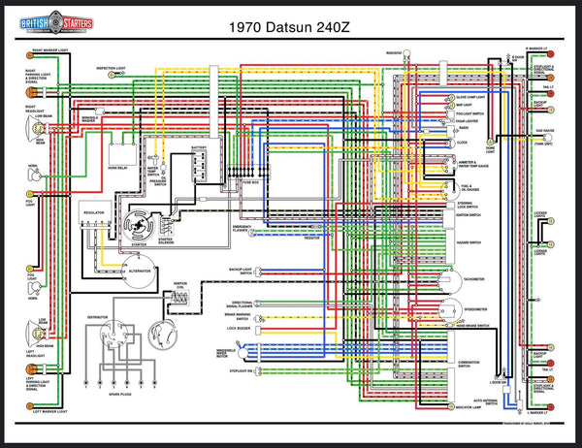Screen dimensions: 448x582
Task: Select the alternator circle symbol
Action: pyautogui.click(x=138, y=275)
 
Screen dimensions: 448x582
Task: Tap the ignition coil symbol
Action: pyautogui.click(x=180, y=303)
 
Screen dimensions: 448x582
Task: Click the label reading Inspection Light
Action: pyautogui.click(x=111, y=68)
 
